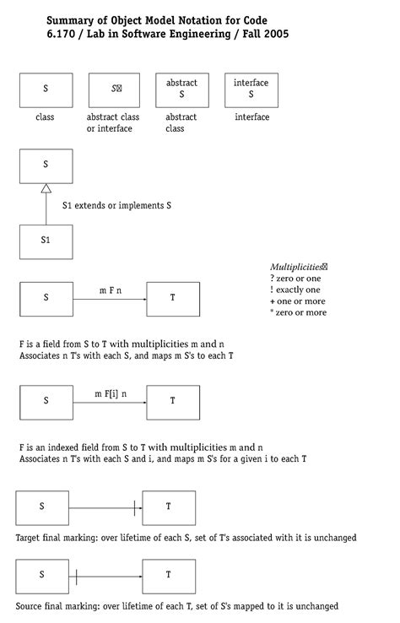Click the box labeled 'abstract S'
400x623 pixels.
click(181, 89)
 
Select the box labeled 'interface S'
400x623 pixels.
click(251, 89)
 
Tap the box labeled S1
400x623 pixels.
click(46, 241)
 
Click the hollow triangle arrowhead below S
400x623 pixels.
click(46, 189)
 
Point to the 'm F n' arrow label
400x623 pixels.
click(110, 290)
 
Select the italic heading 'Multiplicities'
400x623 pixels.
click(297, 267)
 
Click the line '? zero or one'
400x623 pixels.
click(295, 279)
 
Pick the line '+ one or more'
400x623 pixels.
click(298, 301)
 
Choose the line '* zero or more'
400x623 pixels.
click(298, 313)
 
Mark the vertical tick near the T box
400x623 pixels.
click(134, 507)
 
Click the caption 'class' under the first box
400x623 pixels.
click(46, 117)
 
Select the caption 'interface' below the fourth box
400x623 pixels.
click(251, 117)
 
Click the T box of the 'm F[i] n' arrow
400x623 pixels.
click(173, 402)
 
